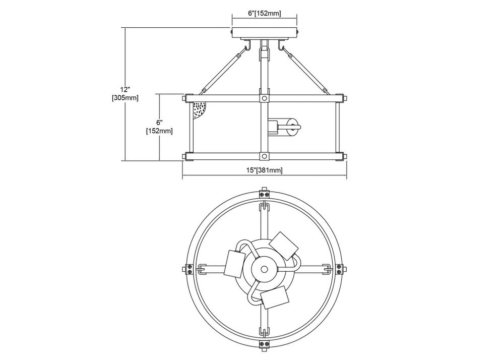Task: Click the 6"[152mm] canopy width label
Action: pyautogui.click(x=264, y=13)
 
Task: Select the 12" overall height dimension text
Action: pyautogui.click(x=124, y=89)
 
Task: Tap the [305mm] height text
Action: pyautogui.click(x=125, y=98)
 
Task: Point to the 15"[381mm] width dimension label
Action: pyautogui.click(x=264, y=170)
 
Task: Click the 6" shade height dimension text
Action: pyautogui.click(x=159, y=123)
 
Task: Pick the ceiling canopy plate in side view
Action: pyautogui.click(x=265, y=33)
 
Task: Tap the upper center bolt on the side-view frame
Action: pyautogui.click(x=265, y=98)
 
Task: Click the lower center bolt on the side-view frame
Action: pyautogui.click(x=265, y=156)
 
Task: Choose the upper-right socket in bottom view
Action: pyautogui.click(x=283, y=246)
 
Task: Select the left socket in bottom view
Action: pyautogui.click(x=234, y=264)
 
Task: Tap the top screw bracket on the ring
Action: pyautogui.click(x=264, y=194)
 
